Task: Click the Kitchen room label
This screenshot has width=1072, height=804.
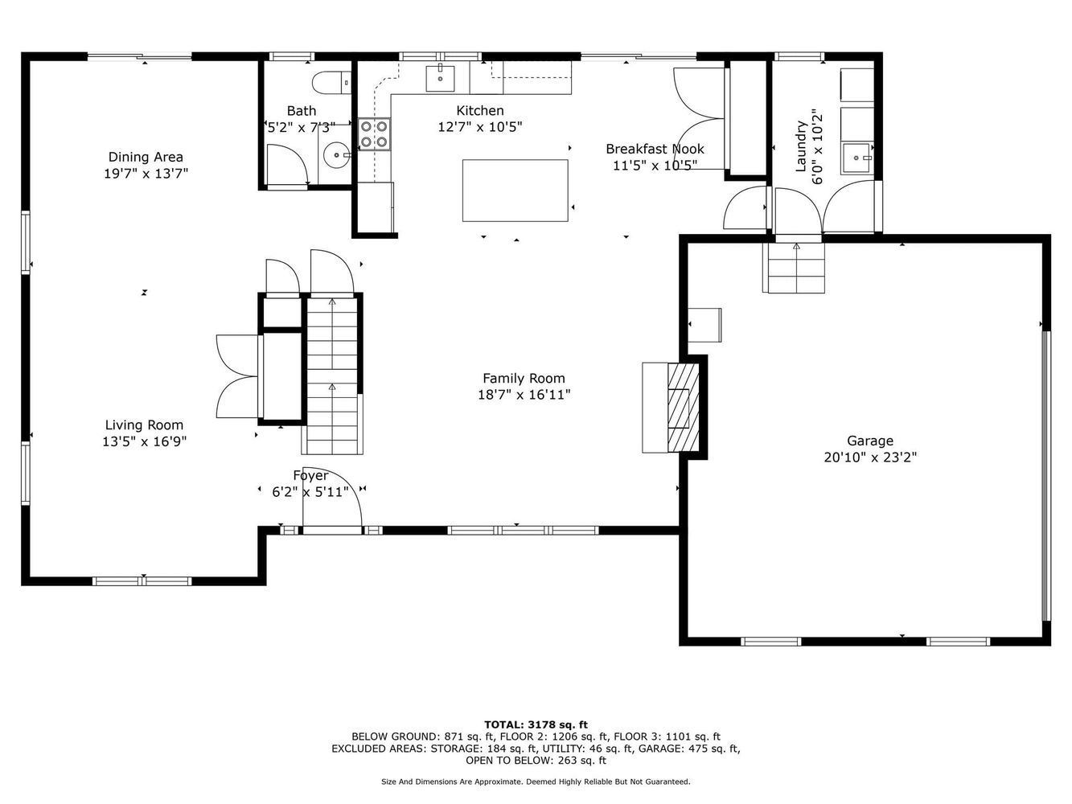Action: click(x=479, y=111)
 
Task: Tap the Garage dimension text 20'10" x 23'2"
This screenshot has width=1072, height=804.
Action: click(x=870, y=457)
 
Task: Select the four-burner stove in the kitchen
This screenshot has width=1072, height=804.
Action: click(x=374, y=134)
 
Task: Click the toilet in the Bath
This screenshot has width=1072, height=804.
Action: click(x=331, y=83)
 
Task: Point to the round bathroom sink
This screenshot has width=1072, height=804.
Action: click(x=336, y=155)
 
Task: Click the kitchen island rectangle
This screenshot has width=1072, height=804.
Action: click(x=515, y=191)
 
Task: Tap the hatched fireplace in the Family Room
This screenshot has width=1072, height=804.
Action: click(x=684, y=407)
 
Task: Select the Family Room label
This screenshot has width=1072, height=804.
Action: click(x=524, y=379)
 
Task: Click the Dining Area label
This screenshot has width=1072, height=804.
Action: click(x=146, y=158)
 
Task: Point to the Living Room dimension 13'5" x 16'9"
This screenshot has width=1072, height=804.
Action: click(x=145, y=441)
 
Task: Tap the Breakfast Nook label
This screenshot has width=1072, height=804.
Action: click(x=655, y=149)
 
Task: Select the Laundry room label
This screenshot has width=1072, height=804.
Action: click(x=800, y=146)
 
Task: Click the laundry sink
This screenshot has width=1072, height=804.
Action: click(x=856, y=158)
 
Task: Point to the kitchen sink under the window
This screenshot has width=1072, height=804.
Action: click(x=440, y=78)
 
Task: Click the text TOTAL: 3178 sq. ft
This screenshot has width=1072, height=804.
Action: click(x=536, y=724)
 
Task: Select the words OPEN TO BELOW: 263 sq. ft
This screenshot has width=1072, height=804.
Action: click(x=536, y=761)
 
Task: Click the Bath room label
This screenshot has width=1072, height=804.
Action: click(x=302, y=111)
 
